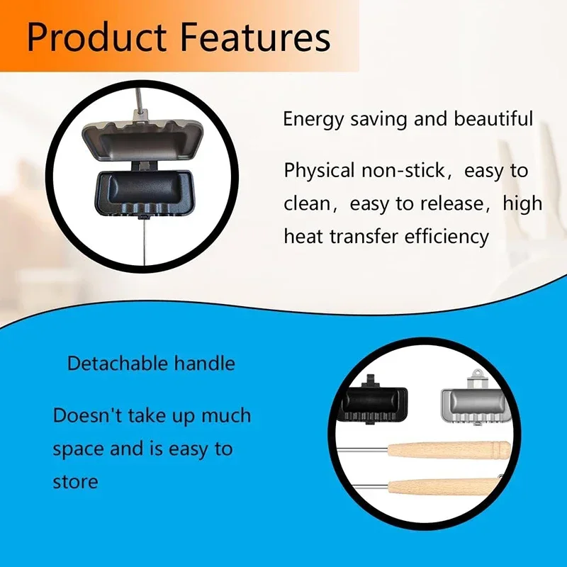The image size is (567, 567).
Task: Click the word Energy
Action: tap(313, 119)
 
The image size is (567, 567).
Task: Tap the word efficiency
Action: tap(447, 236)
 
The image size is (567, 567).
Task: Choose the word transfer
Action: tap(368, 236)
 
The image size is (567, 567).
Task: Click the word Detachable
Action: tap(118, 364)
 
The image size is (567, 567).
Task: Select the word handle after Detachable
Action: tap(204, 364)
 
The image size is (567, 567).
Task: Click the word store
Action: tap(75, 482)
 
